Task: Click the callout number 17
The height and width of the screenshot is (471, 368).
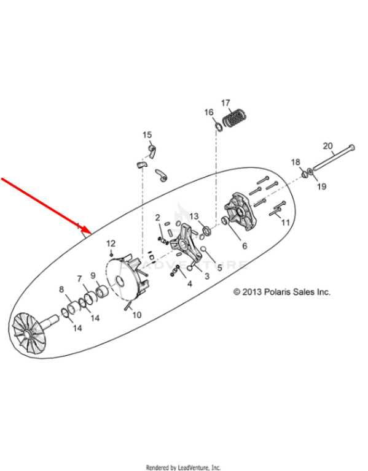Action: click(x=225, y=103)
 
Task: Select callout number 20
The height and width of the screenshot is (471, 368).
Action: click(x=327, y=146)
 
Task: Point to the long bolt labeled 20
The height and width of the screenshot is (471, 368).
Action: click(x=334, y=158)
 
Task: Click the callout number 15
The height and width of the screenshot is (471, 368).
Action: click(x=147, y=135)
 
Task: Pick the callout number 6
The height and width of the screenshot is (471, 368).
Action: click(x=245, y=246)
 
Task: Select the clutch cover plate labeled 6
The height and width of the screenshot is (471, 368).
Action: click(x=241, y=211)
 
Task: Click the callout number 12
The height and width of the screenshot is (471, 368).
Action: click(x=111, y=243)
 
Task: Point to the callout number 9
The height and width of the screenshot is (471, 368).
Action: click(x=93, y=275)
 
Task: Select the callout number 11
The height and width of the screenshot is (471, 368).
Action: click(x=285, y=222)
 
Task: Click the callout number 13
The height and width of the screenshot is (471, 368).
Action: click(x=194, y=216)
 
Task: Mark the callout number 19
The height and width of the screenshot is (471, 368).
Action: click(x=322, y=186)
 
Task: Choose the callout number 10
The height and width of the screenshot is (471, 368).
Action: click(x=137, y=315)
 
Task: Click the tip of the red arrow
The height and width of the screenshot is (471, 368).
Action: click(x=91, y=234)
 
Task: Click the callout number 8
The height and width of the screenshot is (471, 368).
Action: click(x=61, y=289)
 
